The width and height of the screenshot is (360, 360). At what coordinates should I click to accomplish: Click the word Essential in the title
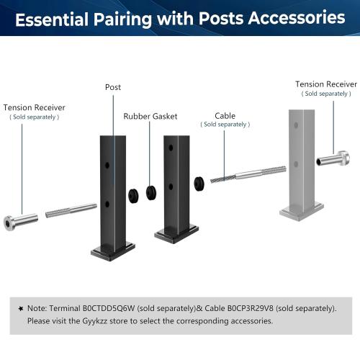pos(58,18)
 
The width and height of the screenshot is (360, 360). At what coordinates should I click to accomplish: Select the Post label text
pos(113,87)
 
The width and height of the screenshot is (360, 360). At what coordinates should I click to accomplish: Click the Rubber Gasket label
pos(150,116)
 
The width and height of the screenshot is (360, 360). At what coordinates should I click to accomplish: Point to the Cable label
pos(225,115)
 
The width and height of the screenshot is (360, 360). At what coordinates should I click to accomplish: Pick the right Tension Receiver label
pos(326,84)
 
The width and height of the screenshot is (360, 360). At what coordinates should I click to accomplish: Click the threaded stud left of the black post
pos(71,211)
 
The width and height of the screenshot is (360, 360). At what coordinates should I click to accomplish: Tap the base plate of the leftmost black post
pos(112,251)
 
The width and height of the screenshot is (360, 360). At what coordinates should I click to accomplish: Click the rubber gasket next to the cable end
pos(197,180)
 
